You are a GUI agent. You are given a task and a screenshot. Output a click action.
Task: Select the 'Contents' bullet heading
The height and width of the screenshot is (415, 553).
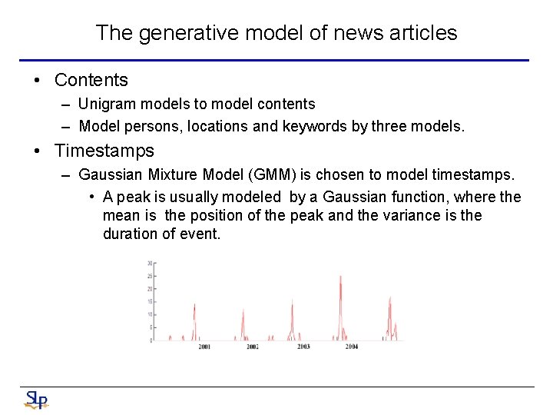tap(91, 80)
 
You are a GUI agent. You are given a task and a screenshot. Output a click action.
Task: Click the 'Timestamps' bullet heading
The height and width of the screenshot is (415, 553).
tap(104, 151)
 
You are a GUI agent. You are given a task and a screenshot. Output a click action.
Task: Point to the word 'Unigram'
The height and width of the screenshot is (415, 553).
tap(105, 104)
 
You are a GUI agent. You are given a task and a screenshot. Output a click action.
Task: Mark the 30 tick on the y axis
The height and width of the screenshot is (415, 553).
tap(151, 263)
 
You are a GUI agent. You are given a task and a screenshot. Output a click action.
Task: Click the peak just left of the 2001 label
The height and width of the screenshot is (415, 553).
tap(194, 306)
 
